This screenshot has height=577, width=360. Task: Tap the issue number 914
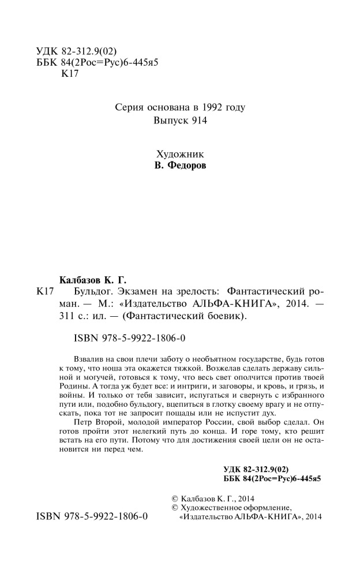click(197, 121)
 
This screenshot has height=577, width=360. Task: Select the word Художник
click(179, 154)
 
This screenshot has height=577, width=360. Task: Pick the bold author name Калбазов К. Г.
click(92, 278)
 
